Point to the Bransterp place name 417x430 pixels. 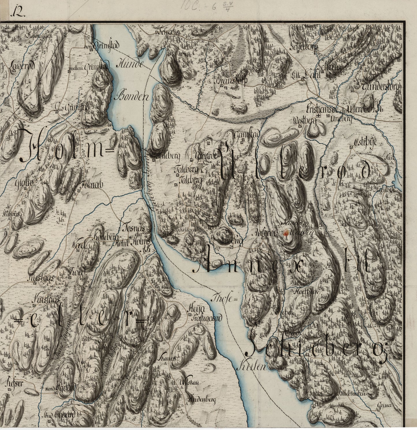coord(230,81)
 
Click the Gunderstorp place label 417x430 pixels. coord(380,86)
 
